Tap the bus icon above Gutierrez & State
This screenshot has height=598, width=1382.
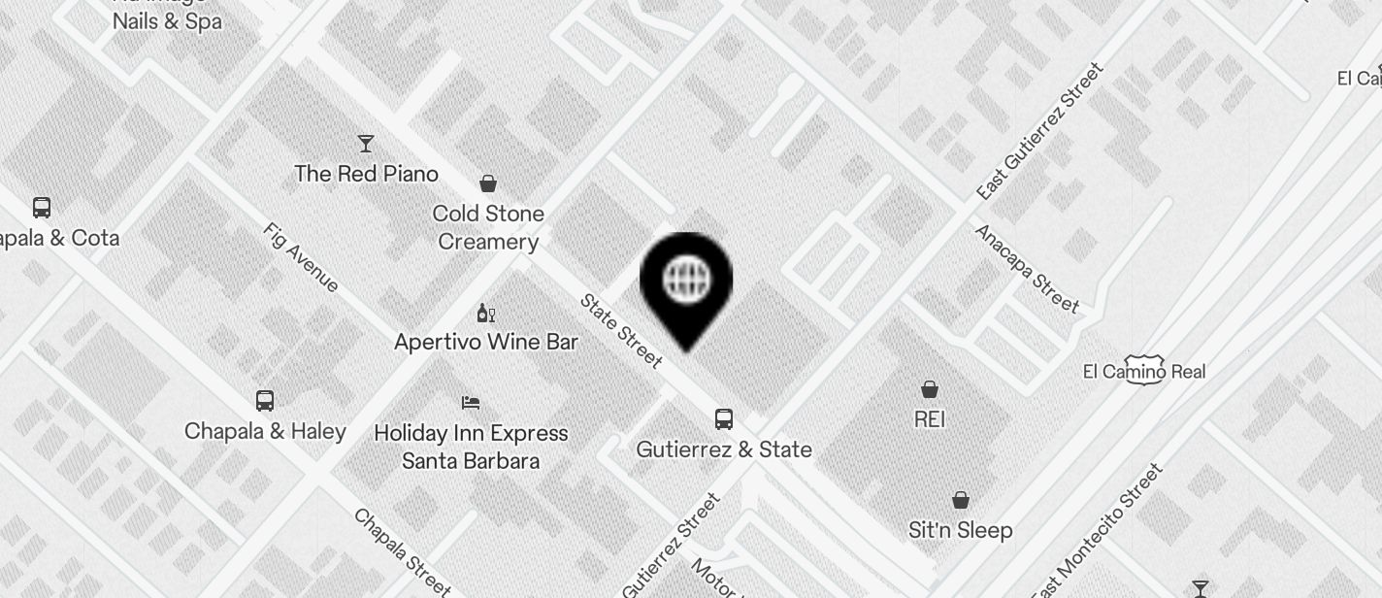[724, 419]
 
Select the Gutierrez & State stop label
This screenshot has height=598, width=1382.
[724, 449]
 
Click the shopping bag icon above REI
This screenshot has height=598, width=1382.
[930, 389]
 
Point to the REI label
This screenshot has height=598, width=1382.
[930, 419]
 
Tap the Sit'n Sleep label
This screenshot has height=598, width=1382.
[960, 530]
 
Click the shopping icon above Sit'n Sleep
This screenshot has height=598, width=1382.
[960, 500]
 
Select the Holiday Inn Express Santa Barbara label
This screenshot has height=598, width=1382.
[471, 447]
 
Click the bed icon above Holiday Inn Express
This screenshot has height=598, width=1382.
[471, 402]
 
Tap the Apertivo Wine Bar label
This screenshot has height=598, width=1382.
[486, 342]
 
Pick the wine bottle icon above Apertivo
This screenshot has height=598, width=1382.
[486, 313]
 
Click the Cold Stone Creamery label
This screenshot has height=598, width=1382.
[488, 227]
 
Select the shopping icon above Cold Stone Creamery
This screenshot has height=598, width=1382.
[488, 183]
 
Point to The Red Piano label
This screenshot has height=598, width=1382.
[366, 174]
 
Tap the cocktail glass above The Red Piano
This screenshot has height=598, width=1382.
[366, 144]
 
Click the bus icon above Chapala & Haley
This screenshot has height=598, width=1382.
[264, 400]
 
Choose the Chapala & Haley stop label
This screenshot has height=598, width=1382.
[265, 430]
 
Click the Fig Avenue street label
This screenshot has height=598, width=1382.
[301, 257]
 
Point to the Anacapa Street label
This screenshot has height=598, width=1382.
[1027, 269]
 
